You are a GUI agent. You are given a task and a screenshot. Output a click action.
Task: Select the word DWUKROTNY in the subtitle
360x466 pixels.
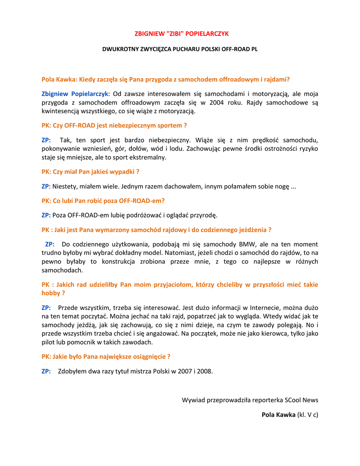[120, 49]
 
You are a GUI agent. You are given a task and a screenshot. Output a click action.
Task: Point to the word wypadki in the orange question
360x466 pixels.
[122, 172]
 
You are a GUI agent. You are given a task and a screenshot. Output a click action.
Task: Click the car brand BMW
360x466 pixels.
[247, 244]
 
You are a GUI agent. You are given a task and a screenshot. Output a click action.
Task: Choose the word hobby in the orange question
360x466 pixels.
[50, 293]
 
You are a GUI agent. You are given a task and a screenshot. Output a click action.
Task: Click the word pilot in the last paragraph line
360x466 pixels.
[49, 342]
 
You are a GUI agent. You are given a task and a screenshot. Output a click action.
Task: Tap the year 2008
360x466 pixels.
[205, 371]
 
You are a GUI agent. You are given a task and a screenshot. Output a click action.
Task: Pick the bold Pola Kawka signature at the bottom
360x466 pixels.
[279, 415]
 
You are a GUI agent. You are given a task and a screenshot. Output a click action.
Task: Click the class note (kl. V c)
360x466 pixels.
[308, 415]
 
